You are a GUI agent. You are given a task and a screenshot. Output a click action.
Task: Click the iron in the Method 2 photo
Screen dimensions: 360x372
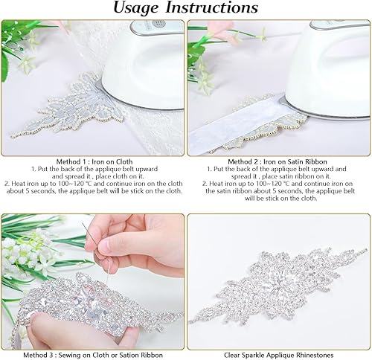(327, 67)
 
